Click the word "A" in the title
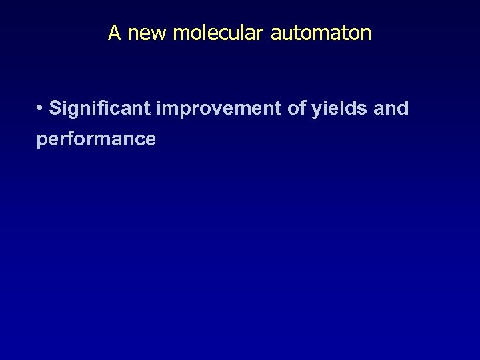coord(114,33)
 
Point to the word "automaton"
coord(321,33)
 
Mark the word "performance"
coord(96,139)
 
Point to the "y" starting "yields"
coord(316,110)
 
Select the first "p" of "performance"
coord(42,141)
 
